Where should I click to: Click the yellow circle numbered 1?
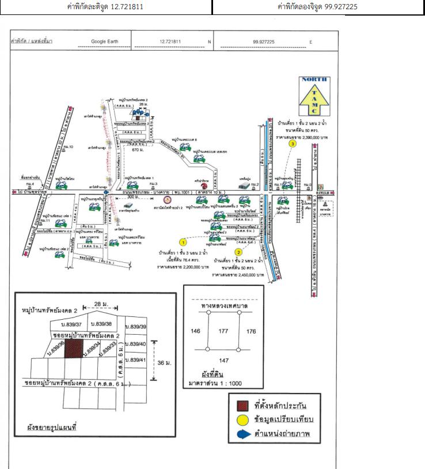click(183, 242)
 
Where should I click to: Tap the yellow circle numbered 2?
click(238, 251)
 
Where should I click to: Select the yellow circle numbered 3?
click(293, 145)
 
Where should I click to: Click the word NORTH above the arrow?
click(314, 80)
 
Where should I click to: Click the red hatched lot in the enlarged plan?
click(73, 349)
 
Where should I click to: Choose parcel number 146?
click(195, 331)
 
